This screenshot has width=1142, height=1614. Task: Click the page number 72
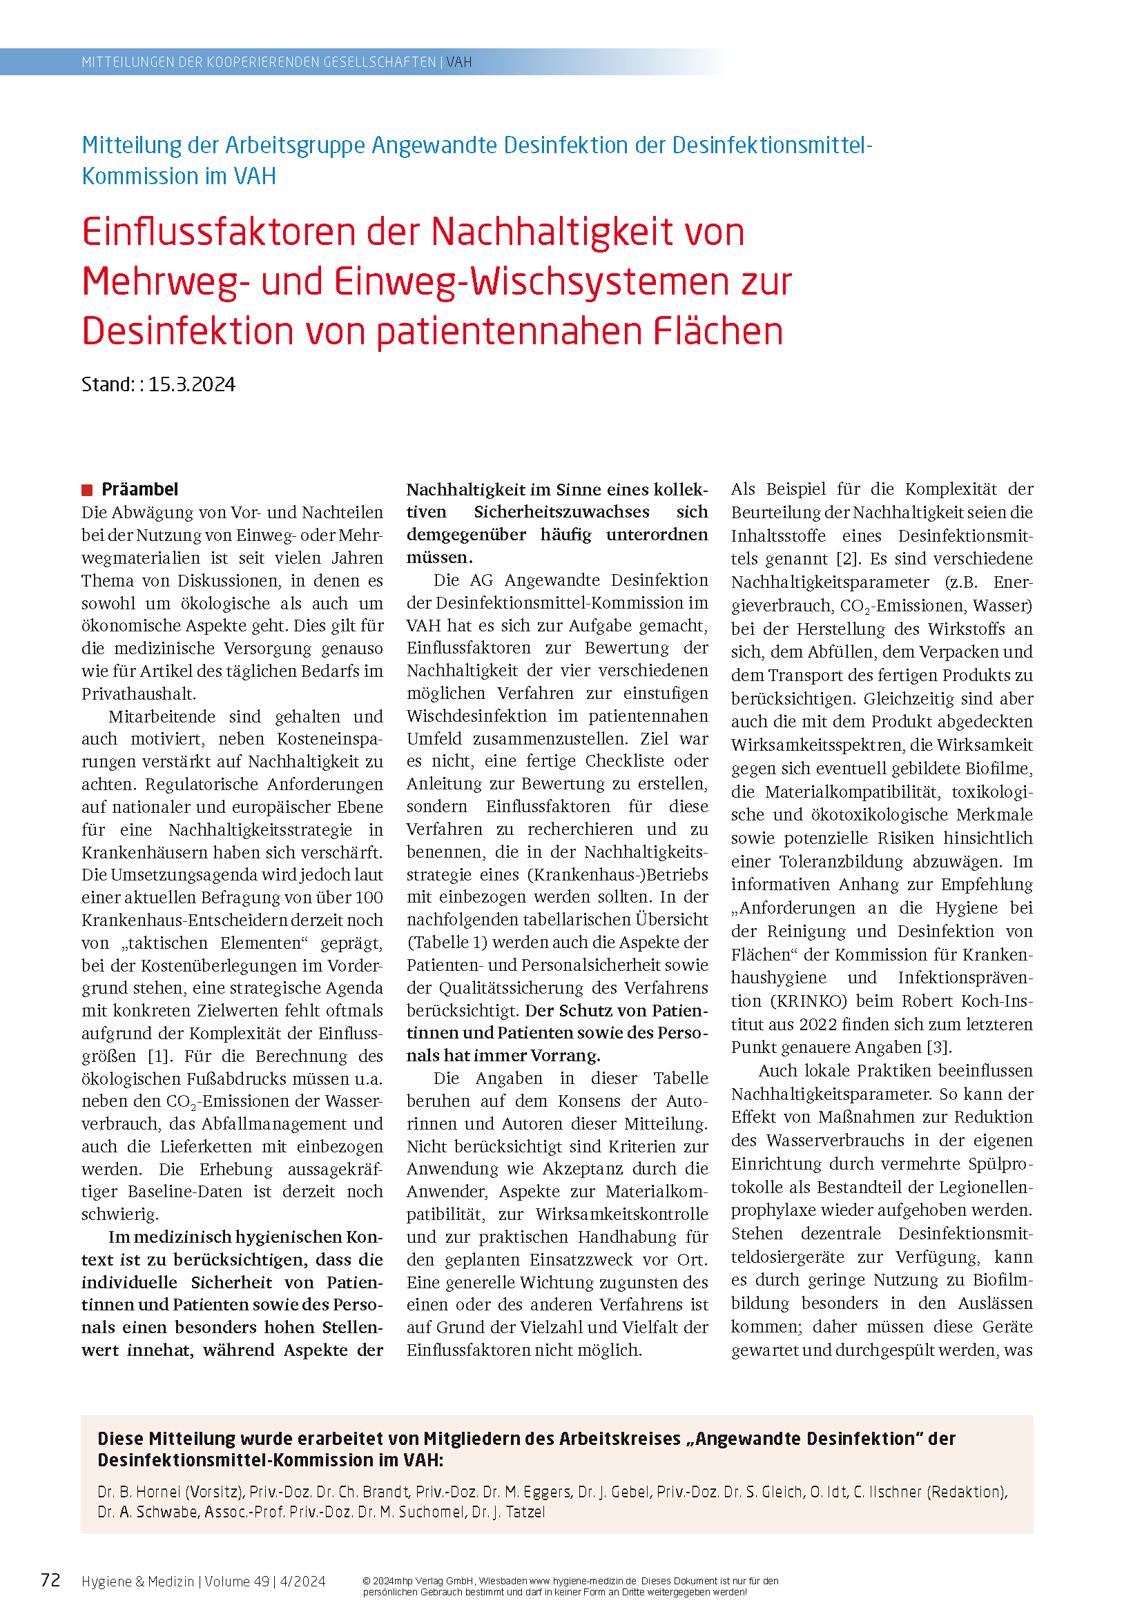(50, 1580)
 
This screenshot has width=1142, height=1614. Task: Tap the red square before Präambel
(87, 490)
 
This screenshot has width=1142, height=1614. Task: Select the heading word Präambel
(140, 489)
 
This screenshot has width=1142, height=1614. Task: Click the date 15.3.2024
(191, 384)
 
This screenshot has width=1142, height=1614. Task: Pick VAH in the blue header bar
(459, 62)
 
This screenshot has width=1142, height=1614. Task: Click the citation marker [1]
(159, 1056)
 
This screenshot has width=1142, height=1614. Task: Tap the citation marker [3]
(939, 1047)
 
